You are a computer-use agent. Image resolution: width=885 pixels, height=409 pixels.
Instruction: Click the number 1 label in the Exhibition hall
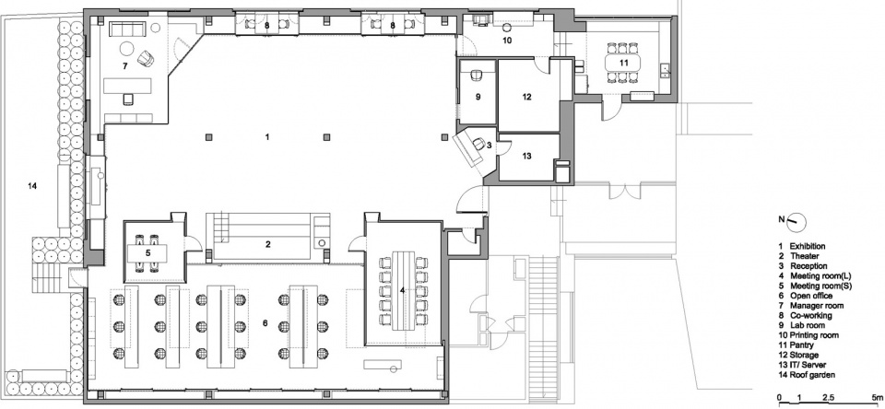click(267, 137)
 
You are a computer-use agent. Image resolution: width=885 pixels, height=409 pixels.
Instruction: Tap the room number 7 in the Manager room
click(124, 66)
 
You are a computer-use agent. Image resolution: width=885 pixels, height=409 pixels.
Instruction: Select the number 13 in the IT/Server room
click(526, 157)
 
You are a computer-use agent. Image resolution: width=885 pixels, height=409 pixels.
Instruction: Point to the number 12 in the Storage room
click(526, 97)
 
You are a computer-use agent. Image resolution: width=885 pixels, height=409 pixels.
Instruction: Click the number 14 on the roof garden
click(33, 185)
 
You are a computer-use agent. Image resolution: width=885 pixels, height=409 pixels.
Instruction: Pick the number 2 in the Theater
click(268, 244)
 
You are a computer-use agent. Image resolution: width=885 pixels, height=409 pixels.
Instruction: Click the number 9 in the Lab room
click(478, 97)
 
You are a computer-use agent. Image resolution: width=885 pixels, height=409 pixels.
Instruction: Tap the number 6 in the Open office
click(265, 323)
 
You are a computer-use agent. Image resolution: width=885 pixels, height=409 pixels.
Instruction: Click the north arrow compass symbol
click(796, 221)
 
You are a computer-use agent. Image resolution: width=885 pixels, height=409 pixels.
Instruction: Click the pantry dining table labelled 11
click(622, 63)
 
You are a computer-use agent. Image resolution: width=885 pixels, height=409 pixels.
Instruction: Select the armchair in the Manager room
click(146, 57)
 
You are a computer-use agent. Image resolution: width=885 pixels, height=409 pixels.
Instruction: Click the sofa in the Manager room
click(128, 29)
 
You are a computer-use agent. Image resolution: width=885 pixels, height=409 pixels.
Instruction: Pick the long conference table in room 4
click(402, 290)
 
